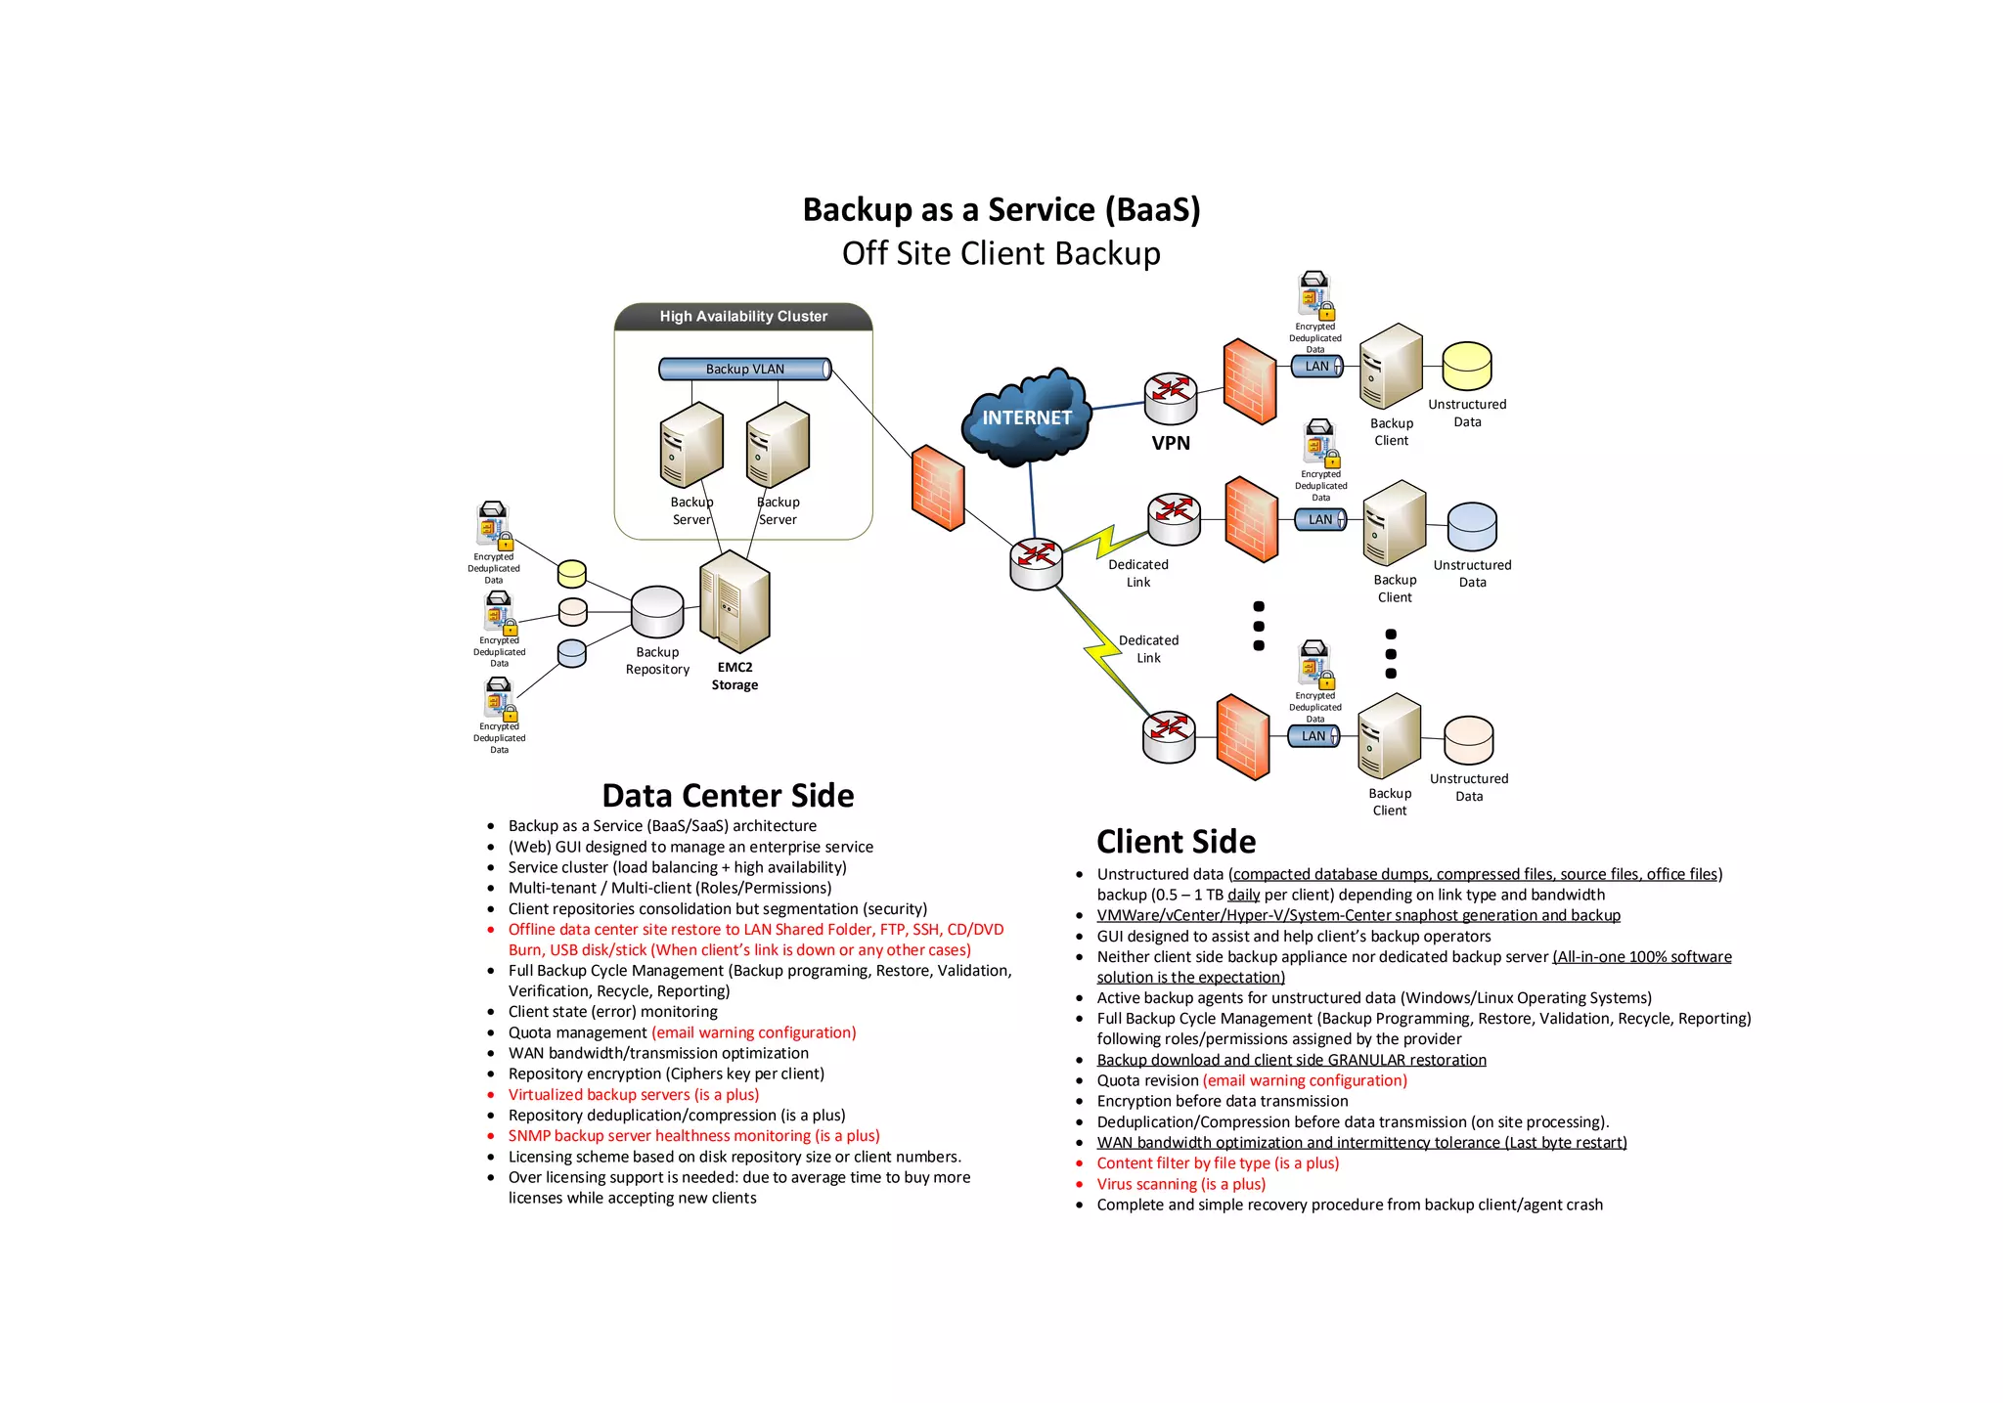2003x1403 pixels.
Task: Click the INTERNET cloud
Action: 1026,418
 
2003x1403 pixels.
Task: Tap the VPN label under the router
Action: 1170,443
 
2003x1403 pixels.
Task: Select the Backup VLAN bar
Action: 744,369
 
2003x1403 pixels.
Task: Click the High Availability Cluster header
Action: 742,317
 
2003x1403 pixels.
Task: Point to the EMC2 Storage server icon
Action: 734,601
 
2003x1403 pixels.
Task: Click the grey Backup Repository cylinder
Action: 657,611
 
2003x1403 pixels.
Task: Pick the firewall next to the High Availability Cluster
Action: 937,488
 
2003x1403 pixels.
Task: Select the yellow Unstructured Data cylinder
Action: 1467,367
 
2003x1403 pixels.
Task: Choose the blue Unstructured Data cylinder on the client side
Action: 1472,527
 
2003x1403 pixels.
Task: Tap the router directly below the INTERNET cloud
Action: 1036,563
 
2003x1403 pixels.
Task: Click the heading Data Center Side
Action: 728,796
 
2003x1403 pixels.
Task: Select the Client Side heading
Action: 1176,842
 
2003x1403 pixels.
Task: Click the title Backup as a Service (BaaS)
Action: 1001,209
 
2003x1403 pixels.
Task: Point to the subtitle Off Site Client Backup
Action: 1001,253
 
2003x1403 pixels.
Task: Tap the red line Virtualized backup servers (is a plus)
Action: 633,1095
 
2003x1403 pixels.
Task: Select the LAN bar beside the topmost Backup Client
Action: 1316,367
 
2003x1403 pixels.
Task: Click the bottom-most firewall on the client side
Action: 1242,737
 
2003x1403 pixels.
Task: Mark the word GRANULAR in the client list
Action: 1367,1060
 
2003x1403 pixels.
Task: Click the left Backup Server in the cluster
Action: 691,445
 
